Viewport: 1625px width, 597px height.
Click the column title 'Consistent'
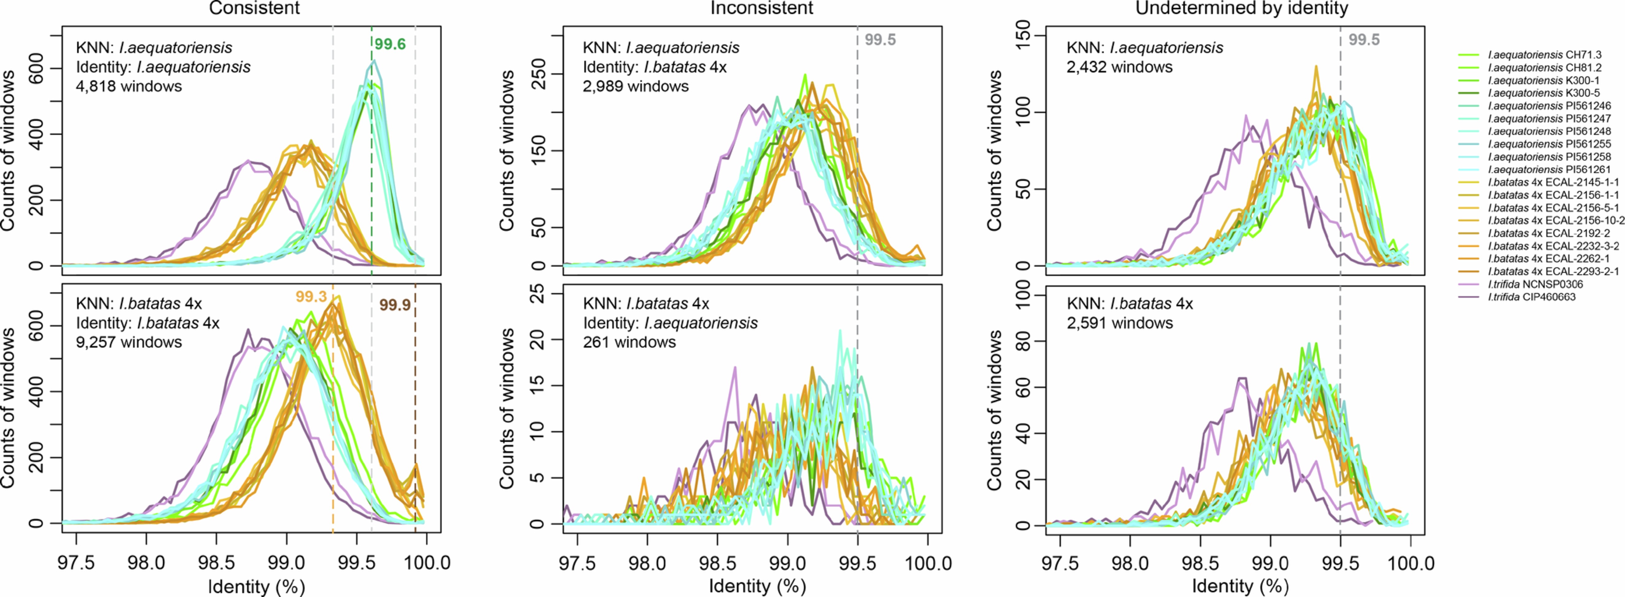coord(254,8)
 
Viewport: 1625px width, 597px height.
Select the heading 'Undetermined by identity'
coord(1242,8)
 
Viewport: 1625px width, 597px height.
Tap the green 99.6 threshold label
coord(390,44)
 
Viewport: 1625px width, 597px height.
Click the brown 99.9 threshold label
coord(395,306)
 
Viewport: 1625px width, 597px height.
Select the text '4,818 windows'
coord(129,87)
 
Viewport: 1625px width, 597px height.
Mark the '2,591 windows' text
coord(1120,323)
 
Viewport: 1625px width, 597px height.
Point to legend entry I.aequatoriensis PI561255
coord(1549,144)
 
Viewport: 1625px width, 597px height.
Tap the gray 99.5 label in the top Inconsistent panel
coord(880,40)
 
